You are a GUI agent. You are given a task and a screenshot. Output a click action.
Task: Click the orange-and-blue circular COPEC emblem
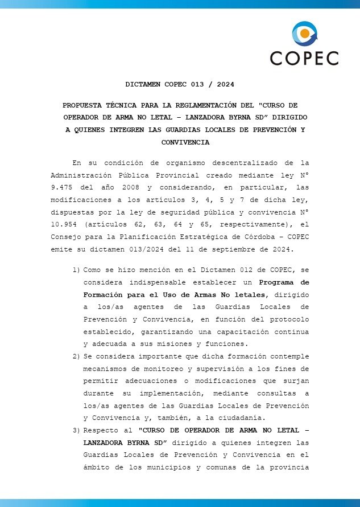(x=305, y=34)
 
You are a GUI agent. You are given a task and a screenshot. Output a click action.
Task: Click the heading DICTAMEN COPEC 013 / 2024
(x=180, y=84)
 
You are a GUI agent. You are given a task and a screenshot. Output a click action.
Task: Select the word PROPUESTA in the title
(x=82, y=105)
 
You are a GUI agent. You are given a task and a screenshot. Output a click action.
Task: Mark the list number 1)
(x=76, y=269)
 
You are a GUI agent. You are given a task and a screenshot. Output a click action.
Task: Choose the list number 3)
(x=76, y=430)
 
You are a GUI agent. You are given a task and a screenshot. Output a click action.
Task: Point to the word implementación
(x=179, y=393)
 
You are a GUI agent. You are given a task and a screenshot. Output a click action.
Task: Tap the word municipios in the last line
(x=181, y=468)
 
